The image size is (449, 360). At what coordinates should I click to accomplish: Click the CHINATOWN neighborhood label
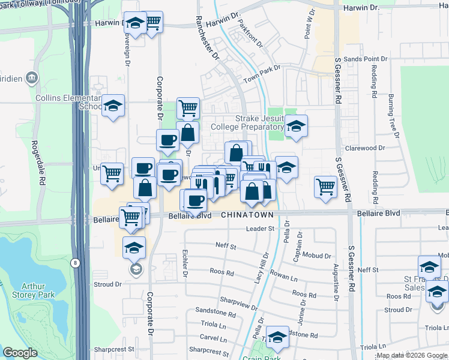pyautogui.click(x=247, y=215)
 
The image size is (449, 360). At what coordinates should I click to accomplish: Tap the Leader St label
pyautogui.click(x=260, y=229)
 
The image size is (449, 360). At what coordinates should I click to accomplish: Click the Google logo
pyautogui.click(x=20, y=353)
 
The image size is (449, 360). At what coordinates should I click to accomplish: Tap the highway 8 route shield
pyautogui.click(x=73, y=262)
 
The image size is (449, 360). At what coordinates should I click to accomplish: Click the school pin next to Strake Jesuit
pyautogui.click(x=295, y=127)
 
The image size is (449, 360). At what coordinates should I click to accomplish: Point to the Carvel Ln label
pyautogui.click(x=212, y=337)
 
